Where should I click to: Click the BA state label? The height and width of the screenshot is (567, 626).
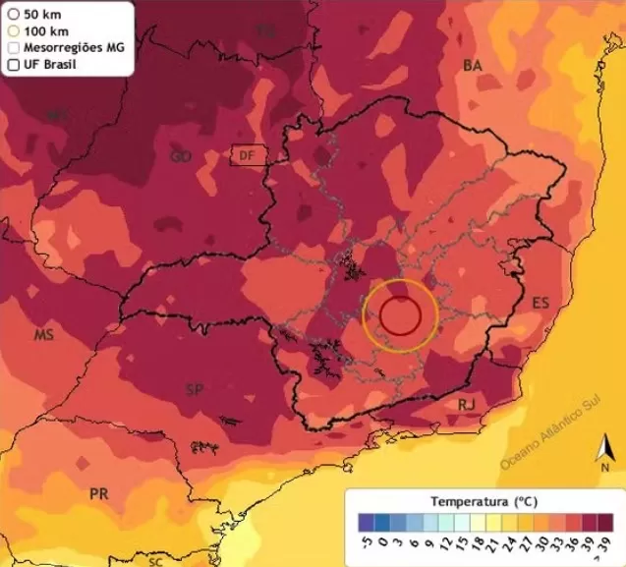click(473, 65)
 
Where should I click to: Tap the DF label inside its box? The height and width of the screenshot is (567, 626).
click(247, 155)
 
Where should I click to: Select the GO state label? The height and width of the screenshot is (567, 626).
click(181, 156)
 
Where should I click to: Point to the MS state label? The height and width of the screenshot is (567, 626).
click(43, 335)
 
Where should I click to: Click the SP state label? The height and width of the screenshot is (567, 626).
click(196, 390)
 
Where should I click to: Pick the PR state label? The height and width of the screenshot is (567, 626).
click(98, 493)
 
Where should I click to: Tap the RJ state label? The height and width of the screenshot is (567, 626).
click(467, 404)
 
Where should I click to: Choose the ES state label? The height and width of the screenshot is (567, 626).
click(541, 303)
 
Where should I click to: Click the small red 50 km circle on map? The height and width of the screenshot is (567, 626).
click(400, 315)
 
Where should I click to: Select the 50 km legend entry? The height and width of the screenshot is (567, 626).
click(39, 15)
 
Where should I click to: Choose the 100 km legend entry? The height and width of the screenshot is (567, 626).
click(42, 31)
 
